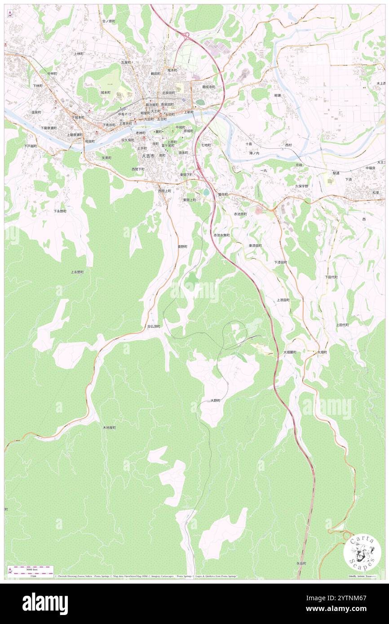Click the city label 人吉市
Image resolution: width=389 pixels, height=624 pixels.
tap(148, 156)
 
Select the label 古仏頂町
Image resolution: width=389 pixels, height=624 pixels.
tap(154, 326)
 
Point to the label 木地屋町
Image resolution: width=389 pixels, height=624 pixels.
tap(109, 428)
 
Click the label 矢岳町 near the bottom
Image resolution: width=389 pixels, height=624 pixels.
tap(301, 563)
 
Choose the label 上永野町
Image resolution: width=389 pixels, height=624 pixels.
tap(77, 272)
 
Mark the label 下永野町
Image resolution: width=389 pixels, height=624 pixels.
tap(60, 211)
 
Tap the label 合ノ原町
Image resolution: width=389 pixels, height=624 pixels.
tap(109, 21)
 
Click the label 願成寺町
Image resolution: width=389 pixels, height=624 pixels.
tap(209, 87)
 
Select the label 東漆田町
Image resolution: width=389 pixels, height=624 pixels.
tap(255, 246)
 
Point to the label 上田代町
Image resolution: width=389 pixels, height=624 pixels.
tap(342, 325)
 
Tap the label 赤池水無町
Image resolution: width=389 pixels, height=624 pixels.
tap(221, 235)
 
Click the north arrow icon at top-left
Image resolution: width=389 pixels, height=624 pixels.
tap(9, 14)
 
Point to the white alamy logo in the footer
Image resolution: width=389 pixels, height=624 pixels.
tap(45, 603)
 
